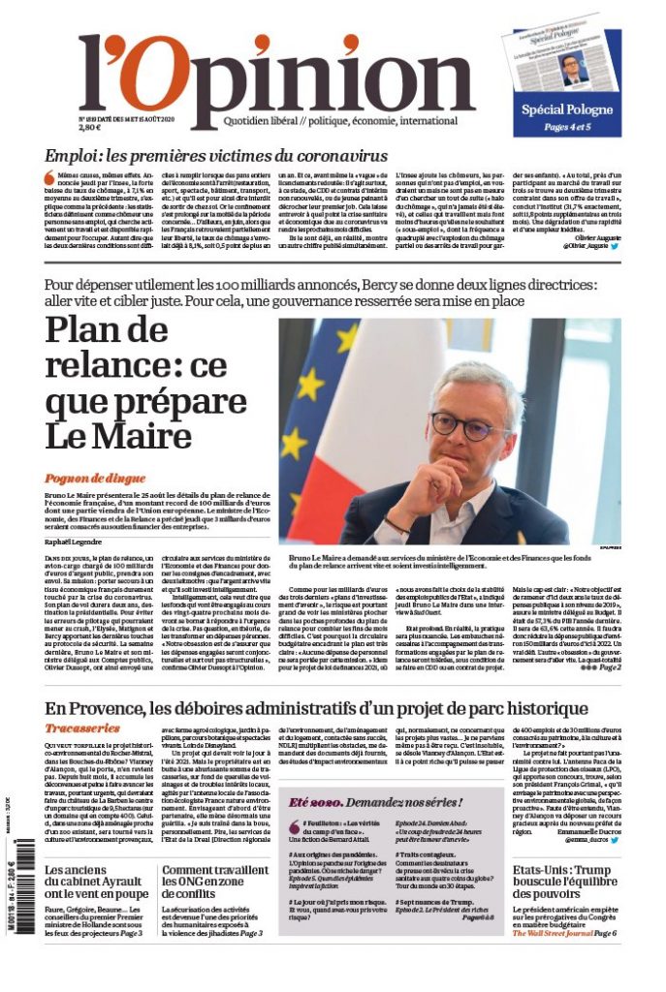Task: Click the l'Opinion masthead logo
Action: tap(276, 77)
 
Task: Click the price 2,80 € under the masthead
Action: tap(89, 127)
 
